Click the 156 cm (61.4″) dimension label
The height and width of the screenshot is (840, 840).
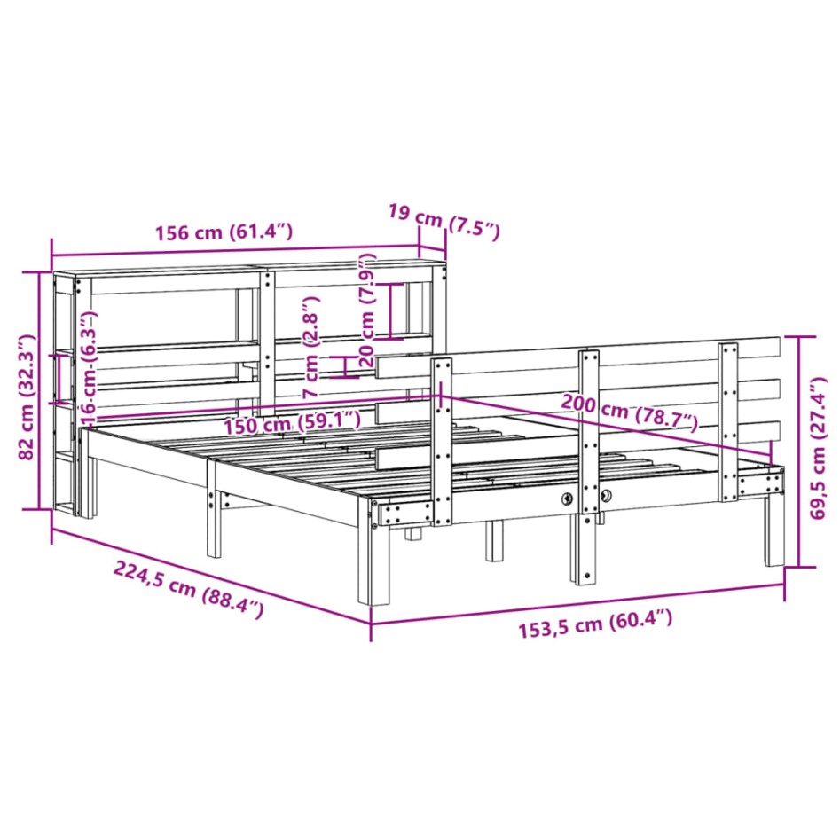click(224, 233)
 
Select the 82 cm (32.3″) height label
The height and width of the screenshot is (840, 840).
click(27, 396)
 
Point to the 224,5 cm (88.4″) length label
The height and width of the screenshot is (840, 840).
click(188, 588)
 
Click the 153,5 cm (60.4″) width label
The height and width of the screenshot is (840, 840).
click(595, 625)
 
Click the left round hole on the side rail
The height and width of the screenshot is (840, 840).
click(565, 499)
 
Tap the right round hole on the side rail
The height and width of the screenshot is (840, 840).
click(606, 497)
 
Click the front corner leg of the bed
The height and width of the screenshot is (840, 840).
click(380, 563)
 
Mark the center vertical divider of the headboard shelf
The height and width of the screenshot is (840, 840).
click(266, 337)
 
